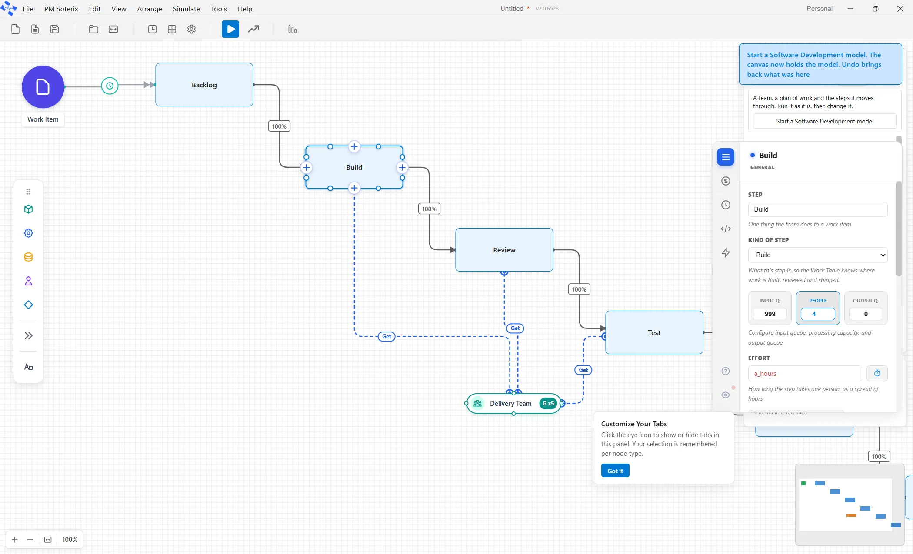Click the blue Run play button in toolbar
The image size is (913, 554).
click(x=230, y=29)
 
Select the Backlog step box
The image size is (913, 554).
click(x=204, y=85)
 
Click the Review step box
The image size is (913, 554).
click(x=504, y=250)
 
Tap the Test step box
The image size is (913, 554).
click(x=654, y=332)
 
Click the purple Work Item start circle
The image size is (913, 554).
click(x=43, y=87)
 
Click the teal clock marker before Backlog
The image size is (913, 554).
click(x=110, y=86)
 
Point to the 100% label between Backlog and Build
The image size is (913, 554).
click(x=279, y=126)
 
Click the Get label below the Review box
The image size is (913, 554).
click(x=515, y=328)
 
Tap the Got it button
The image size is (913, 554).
click(x=615, y=471)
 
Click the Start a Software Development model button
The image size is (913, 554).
click(x=824, y=121)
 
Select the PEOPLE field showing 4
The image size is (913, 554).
click(x=818, y=314)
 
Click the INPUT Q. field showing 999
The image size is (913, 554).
click(x=770, y=314)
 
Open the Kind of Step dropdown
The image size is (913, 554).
click(x=817, y=255)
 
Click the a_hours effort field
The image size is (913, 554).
click(x=805, y=374)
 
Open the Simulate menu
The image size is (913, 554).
click(x=186, y=9)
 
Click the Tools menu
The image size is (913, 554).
click(x=219, y=9)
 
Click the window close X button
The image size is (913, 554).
click(x=900, y=9)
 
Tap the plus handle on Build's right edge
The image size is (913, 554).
click(x=402, y=167)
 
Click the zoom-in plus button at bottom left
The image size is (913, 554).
click(x=15, y=540)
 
